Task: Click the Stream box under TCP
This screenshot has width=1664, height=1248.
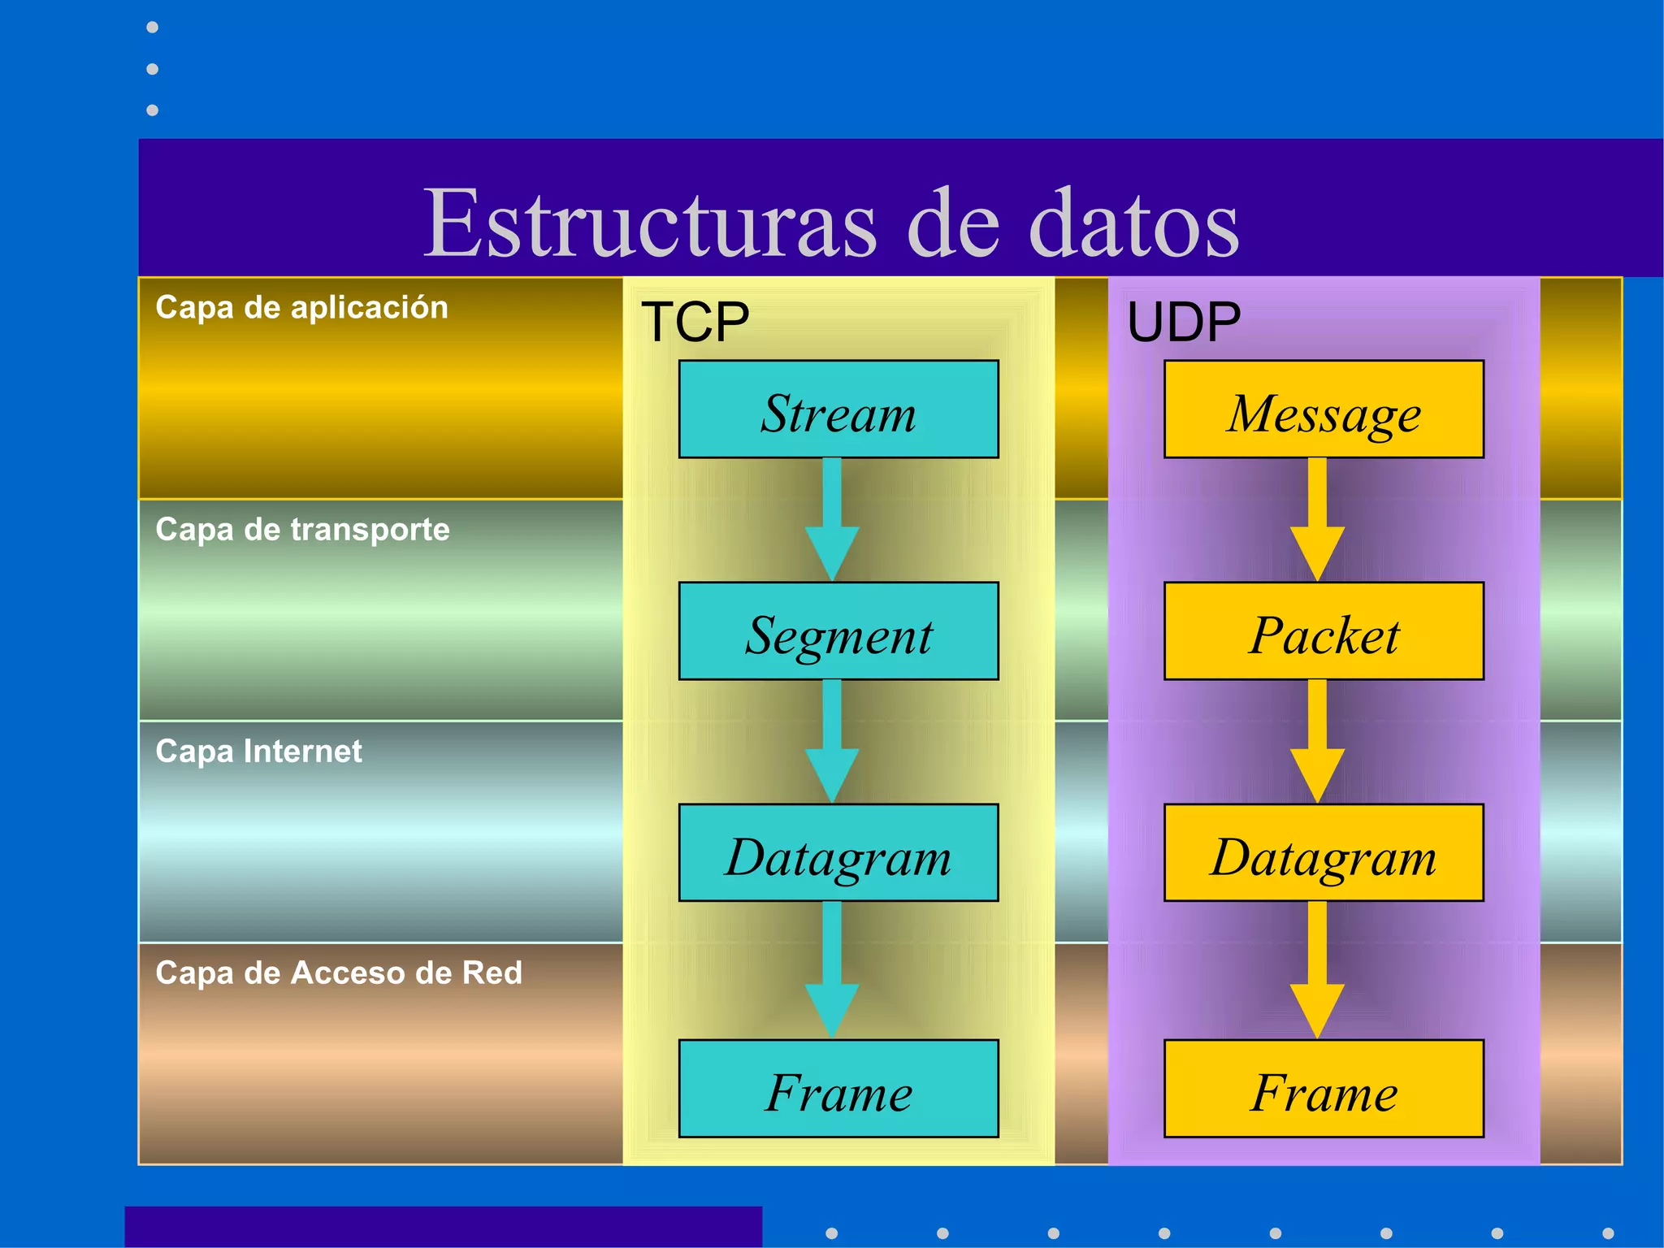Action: click(x=838, y=409)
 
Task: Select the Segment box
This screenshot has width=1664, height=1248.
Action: click(x=838, y=631)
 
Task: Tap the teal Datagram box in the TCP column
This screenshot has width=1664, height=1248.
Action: click(x=838, y=853)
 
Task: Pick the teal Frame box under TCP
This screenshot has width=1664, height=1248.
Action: click(x=838, y=1089)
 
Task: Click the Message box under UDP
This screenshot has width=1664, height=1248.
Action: click(x=1324, y=409)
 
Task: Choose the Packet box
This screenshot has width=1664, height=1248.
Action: click(x=1324, y=631)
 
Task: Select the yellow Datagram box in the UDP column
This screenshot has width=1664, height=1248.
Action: click(x=1324, y=853)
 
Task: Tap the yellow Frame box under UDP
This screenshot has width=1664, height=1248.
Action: click(x=1324, y=1089)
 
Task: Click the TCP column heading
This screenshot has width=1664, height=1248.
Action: click(x=695, y=322)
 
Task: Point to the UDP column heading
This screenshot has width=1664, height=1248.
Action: click(x=1184, y=322)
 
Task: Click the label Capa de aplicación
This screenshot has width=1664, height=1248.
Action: click(x=301, y=308)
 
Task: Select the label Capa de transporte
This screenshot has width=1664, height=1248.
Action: click(x=302, y=530)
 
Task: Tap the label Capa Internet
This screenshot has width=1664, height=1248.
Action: click(x=258, y=752)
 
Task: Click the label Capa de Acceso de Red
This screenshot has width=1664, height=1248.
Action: click(x=338, y=973)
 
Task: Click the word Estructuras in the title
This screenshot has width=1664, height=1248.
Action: click(x=650, y=223)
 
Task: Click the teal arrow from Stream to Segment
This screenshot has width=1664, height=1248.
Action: click(x=832, y=520)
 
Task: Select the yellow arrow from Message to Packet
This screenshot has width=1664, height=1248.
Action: click(x=1317, y=520)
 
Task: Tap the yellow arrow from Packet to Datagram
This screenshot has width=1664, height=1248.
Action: click(x=1317, y=742)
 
